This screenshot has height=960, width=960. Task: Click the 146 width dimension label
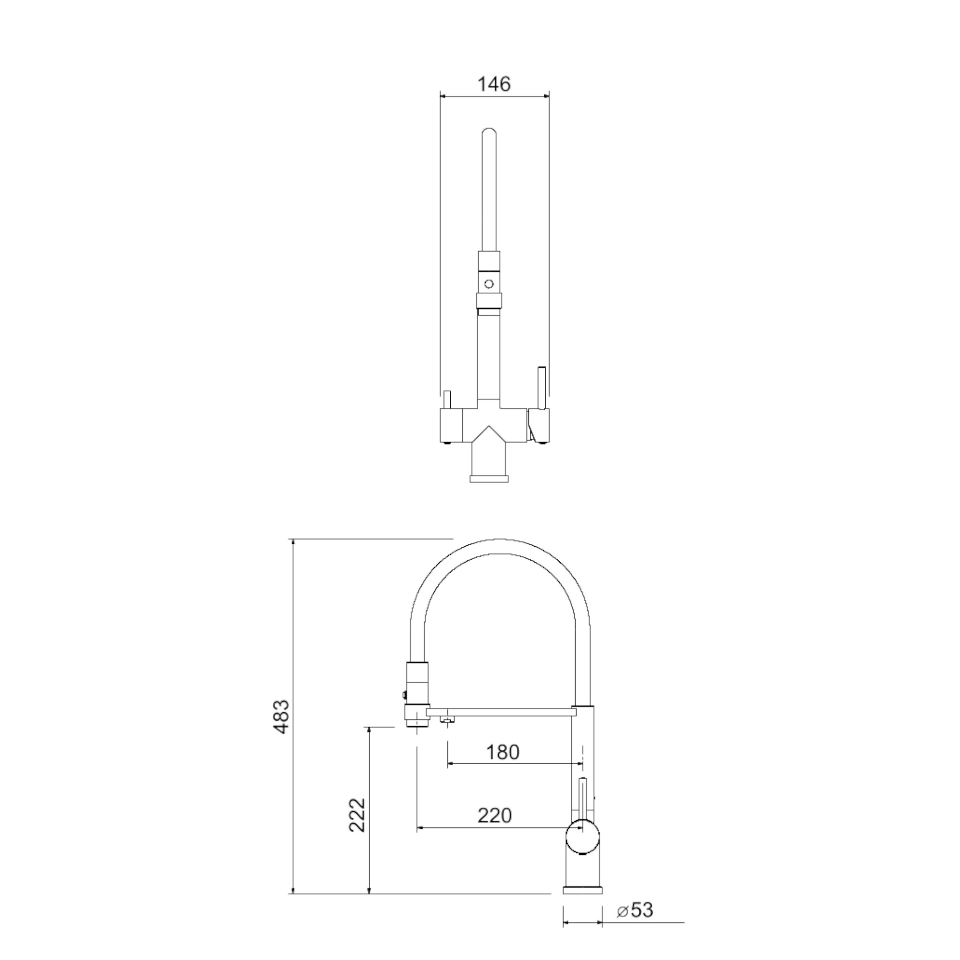pyautogui.click(x=494, y=84)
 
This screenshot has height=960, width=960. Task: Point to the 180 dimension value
pyautogui.click(x=503, y=752)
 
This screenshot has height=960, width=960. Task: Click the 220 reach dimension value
pyautogui.click(x=494, y=816)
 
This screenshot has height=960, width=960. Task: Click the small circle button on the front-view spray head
pyautogui.click(x=489, y=284)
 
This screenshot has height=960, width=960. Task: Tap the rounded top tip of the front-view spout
pyautogui.click(x=489, y=131)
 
